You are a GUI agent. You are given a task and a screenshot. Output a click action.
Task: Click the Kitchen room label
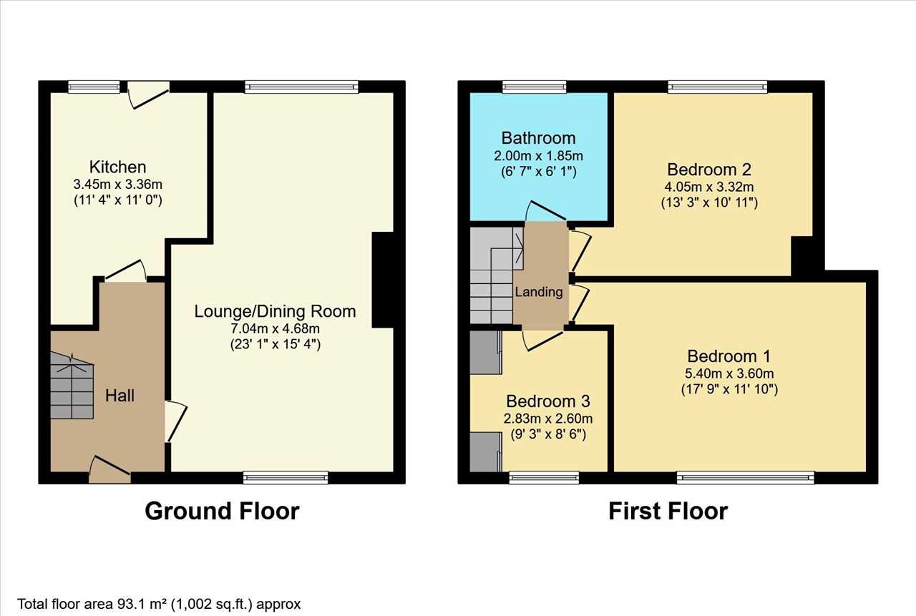[118, 167]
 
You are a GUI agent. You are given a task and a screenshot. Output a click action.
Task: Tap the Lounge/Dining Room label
[275, 311]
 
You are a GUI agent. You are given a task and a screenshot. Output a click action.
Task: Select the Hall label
[120, 395]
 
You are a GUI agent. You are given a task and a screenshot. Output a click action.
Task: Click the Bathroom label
[539, 138]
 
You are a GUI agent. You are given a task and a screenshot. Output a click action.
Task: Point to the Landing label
[539, 292]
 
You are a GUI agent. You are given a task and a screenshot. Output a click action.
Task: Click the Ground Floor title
[222, 511]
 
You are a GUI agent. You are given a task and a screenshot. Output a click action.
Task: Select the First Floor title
[668, 511]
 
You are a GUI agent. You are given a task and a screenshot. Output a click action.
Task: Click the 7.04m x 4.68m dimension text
[276, 328]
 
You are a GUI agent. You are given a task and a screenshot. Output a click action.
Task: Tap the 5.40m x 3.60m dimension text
[729, 373]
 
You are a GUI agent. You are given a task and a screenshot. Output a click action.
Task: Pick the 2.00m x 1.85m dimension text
[539, 156]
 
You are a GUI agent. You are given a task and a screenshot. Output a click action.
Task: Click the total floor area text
[159, 604]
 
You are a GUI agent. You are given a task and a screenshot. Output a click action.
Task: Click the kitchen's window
[94, 87]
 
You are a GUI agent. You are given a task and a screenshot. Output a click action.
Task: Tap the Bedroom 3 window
[544, 477]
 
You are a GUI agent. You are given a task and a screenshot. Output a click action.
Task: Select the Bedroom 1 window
[746, 477]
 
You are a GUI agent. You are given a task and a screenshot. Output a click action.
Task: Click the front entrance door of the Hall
[109, 471]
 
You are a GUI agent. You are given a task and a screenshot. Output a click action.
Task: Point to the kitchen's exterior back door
[148, 95]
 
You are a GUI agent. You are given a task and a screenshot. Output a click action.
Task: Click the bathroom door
[545, 211]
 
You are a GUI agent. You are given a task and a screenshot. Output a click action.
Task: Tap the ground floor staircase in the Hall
[72, 386]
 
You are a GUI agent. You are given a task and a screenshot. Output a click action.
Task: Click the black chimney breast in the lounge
[383, 280]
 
